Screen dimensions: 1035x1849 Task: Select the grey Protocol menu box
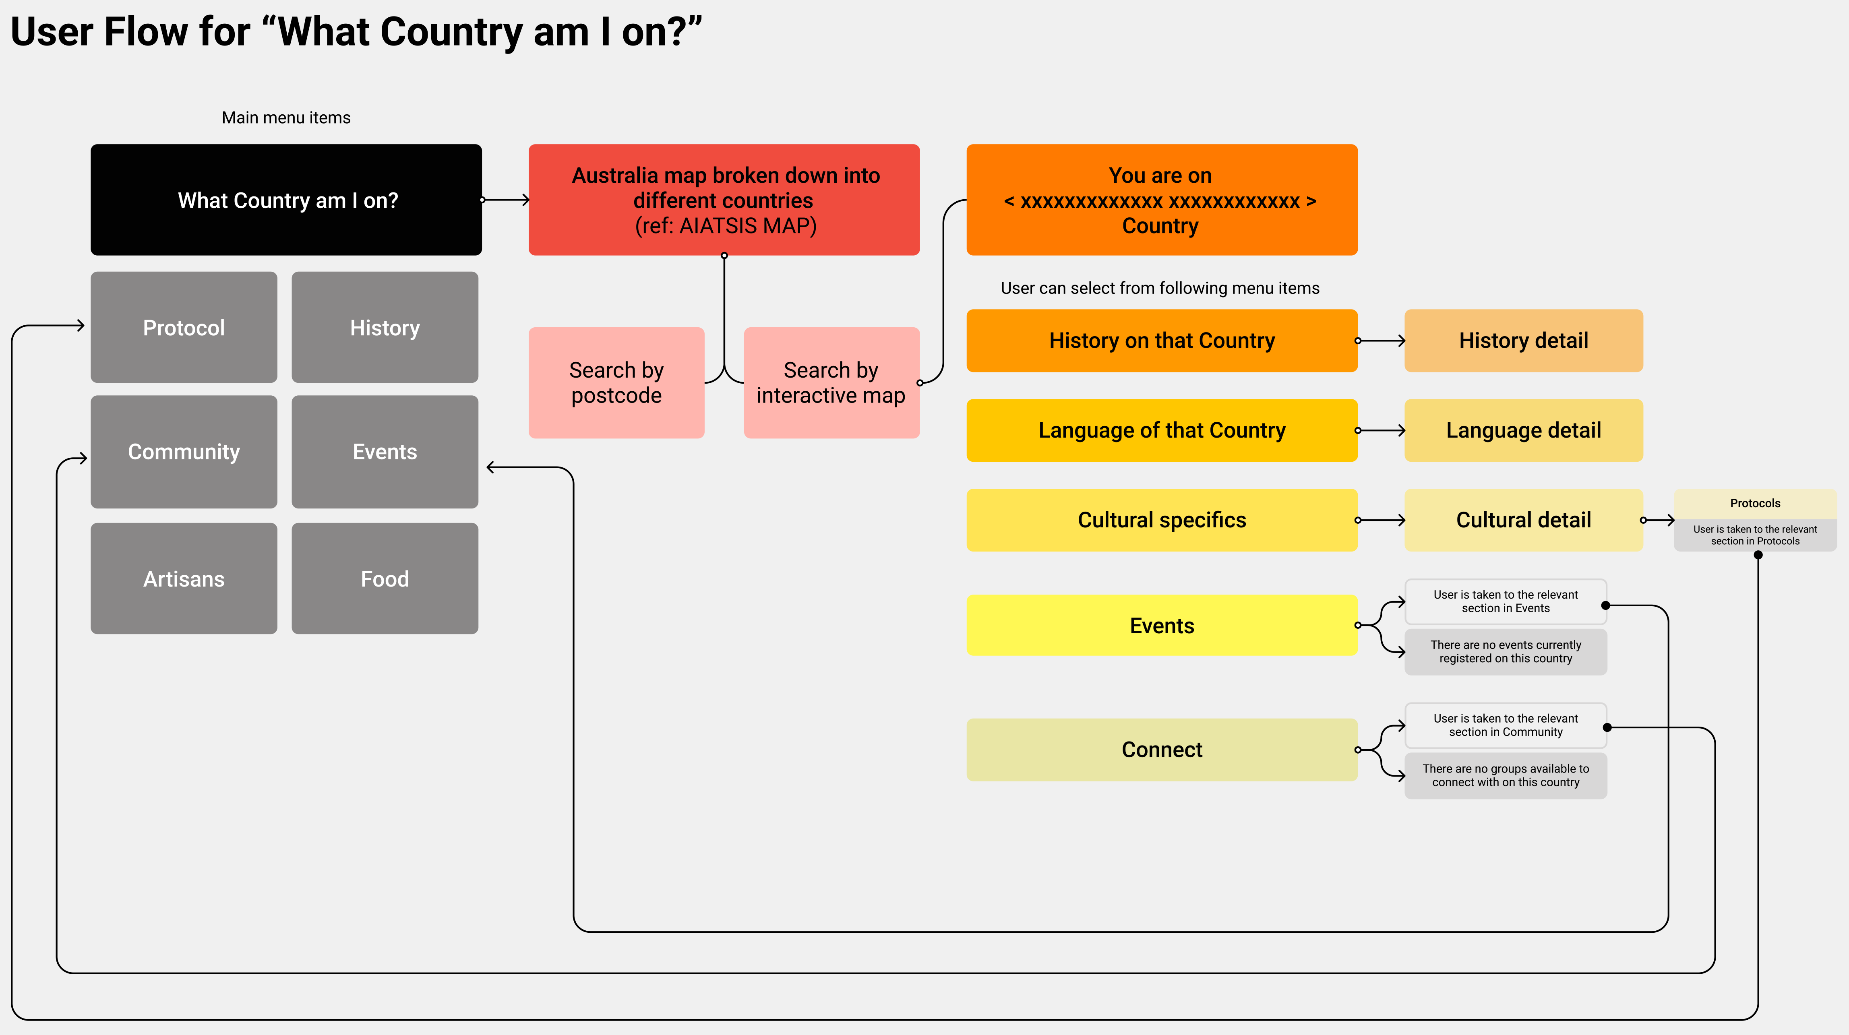(184, 327)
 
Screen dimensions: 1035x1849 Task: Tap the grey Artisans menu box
(184, 578)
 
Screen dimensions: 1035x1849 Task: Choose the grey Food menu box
(385, 578)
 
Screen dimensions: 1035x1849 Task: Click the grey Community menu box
(184, 451)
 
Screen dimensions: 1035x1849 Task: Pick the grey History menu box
(385, 327)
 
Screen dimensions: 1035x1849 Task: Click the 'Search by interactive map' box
(831, 382)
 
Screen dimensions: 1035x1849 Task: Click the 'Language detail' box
(1523, 430)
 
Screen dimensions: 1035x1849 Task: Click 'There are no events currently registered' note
(1505, 652)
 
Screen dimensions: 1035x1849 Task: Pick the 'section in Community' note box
(1505, 725)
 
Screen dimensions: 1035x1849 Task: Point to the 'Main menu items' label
(285, 118)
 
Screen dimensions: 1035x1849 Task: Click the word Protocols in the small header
(1754, 503)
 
